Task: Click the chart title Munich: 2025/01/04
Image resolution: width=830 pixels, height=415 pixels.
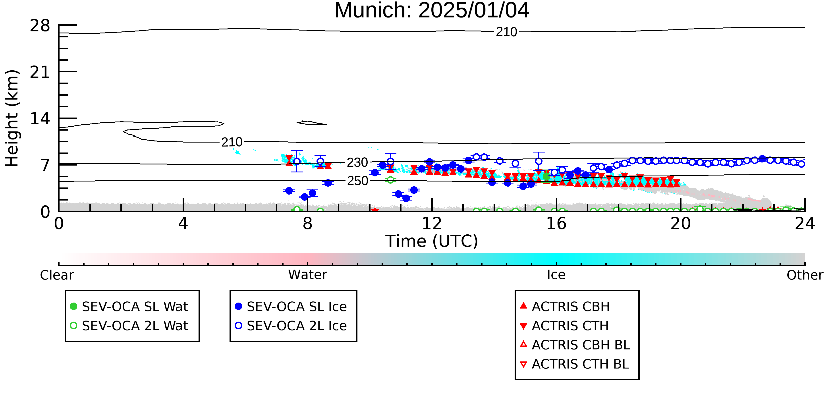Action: tap(432, 10)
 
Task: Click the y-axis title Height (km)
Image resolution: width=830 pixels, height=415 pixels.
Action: tap(12, 118)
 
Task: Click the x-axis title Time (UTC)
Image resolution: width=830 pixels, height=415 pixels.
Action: tap(432, 241)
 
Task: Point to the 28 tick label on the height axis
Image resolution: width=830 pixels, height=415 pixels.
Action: tap(40, 25)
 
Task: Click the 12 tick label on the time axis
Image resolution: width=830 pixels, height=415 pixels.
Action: tap(432, 223)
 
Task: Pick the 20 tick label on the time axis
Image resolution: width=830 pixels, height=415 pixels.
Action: tap(681, 223)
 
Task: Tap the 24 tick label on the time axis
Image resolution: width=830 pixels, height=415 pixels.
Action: tap(805, 223)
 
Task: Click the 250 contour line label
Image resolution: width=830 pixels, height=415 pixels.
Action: tap(358, 181)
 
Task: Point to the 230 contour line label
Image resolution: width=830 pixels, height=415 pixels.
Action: tap(357, 163)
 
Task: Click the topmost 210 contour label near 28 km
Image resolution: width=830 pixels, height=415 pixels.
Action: tap(506, 32)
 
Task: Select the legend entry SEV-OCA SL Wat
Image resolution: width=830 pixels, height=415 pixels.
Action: tap(129, 306)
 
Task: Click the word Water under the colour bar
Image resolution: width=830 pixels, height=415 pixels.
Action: tap(308, 275)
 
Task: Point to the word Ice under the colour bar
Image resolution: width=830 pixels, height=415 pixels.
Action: tap(556, 275)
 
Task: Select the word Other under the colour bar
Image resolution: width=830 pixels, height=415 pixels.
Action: tap(805, 275)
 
